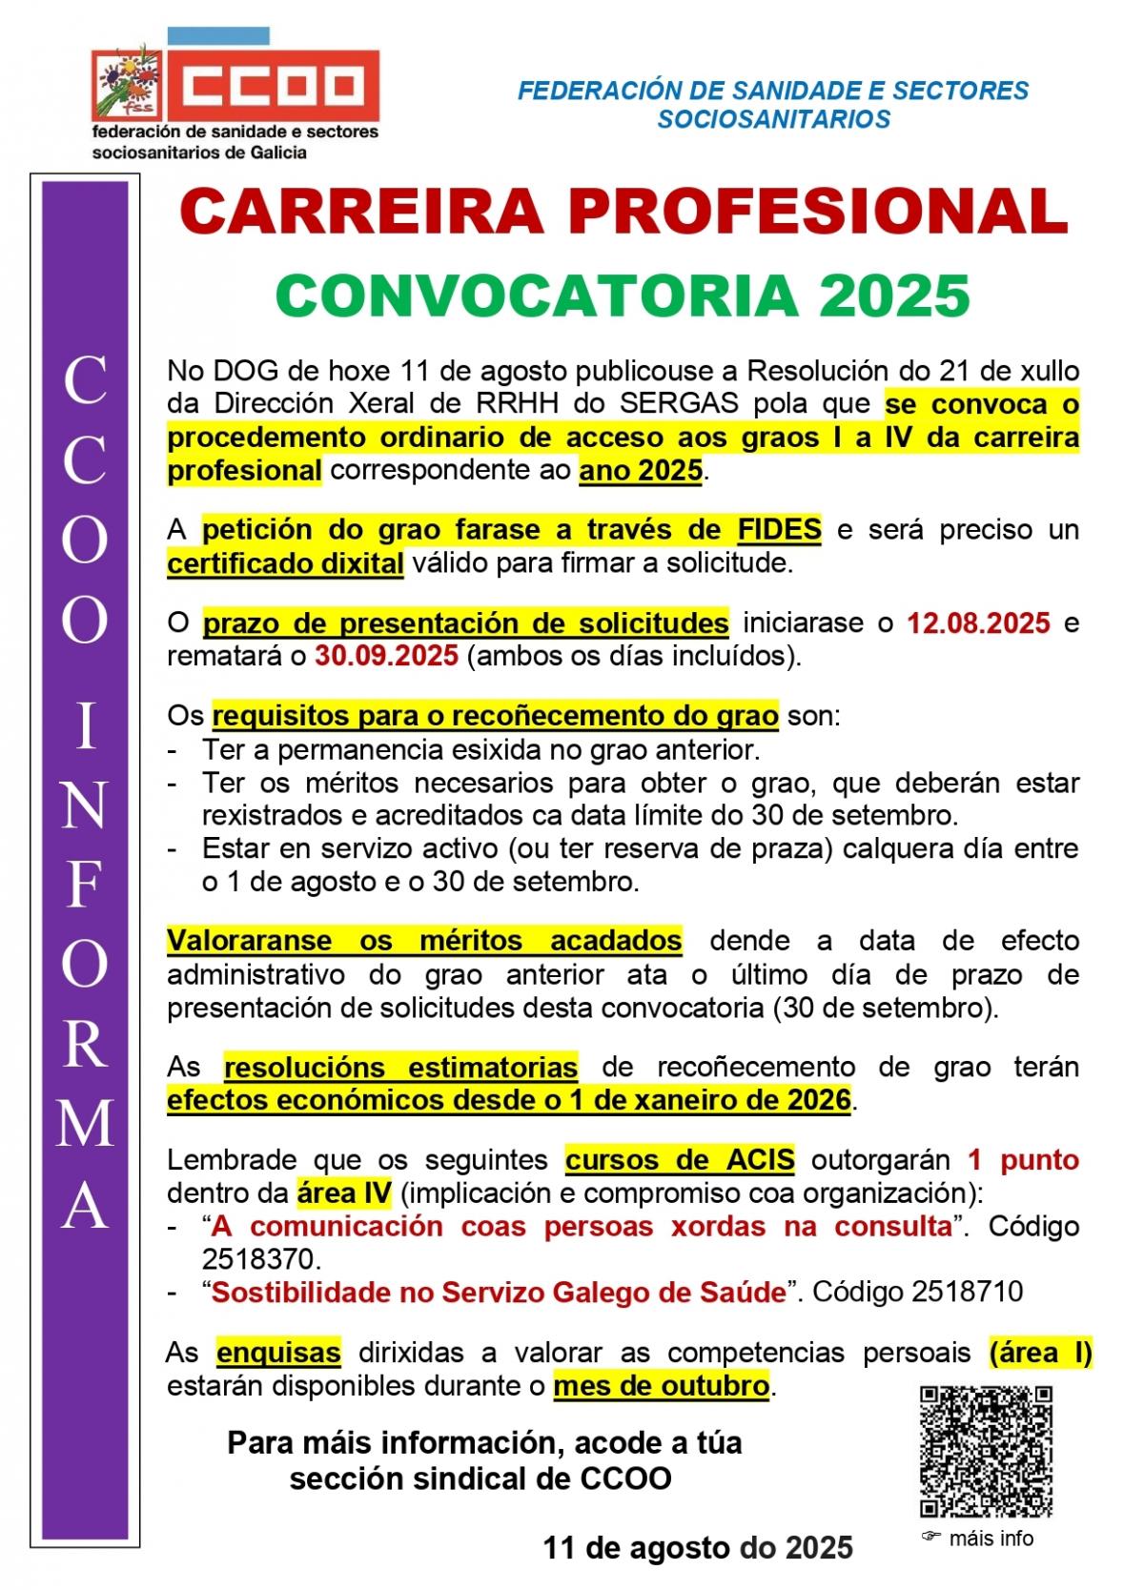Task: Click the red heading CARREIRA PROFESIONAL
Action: point(624,212)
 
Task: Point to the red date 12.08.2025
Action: point(978,623)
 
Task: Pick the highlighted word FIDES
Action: point(779,530)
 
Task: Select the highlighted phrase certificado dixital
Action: point(285,563)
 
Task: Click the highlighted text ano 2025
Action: point(640,471)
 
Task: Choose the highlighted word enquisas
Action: point(278,1352)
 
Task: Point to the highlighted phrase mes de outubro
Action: point(661,1385)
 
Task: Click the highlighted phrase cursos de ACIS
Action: point(680,1160)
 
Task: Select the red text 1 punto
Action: point(1023,1160)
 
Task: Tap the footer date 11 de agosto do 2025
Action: point(698,1547)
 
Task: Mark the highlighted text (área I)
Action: point(1040,1352)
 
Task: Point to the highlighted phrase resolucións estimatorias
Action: point(400,1067)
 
